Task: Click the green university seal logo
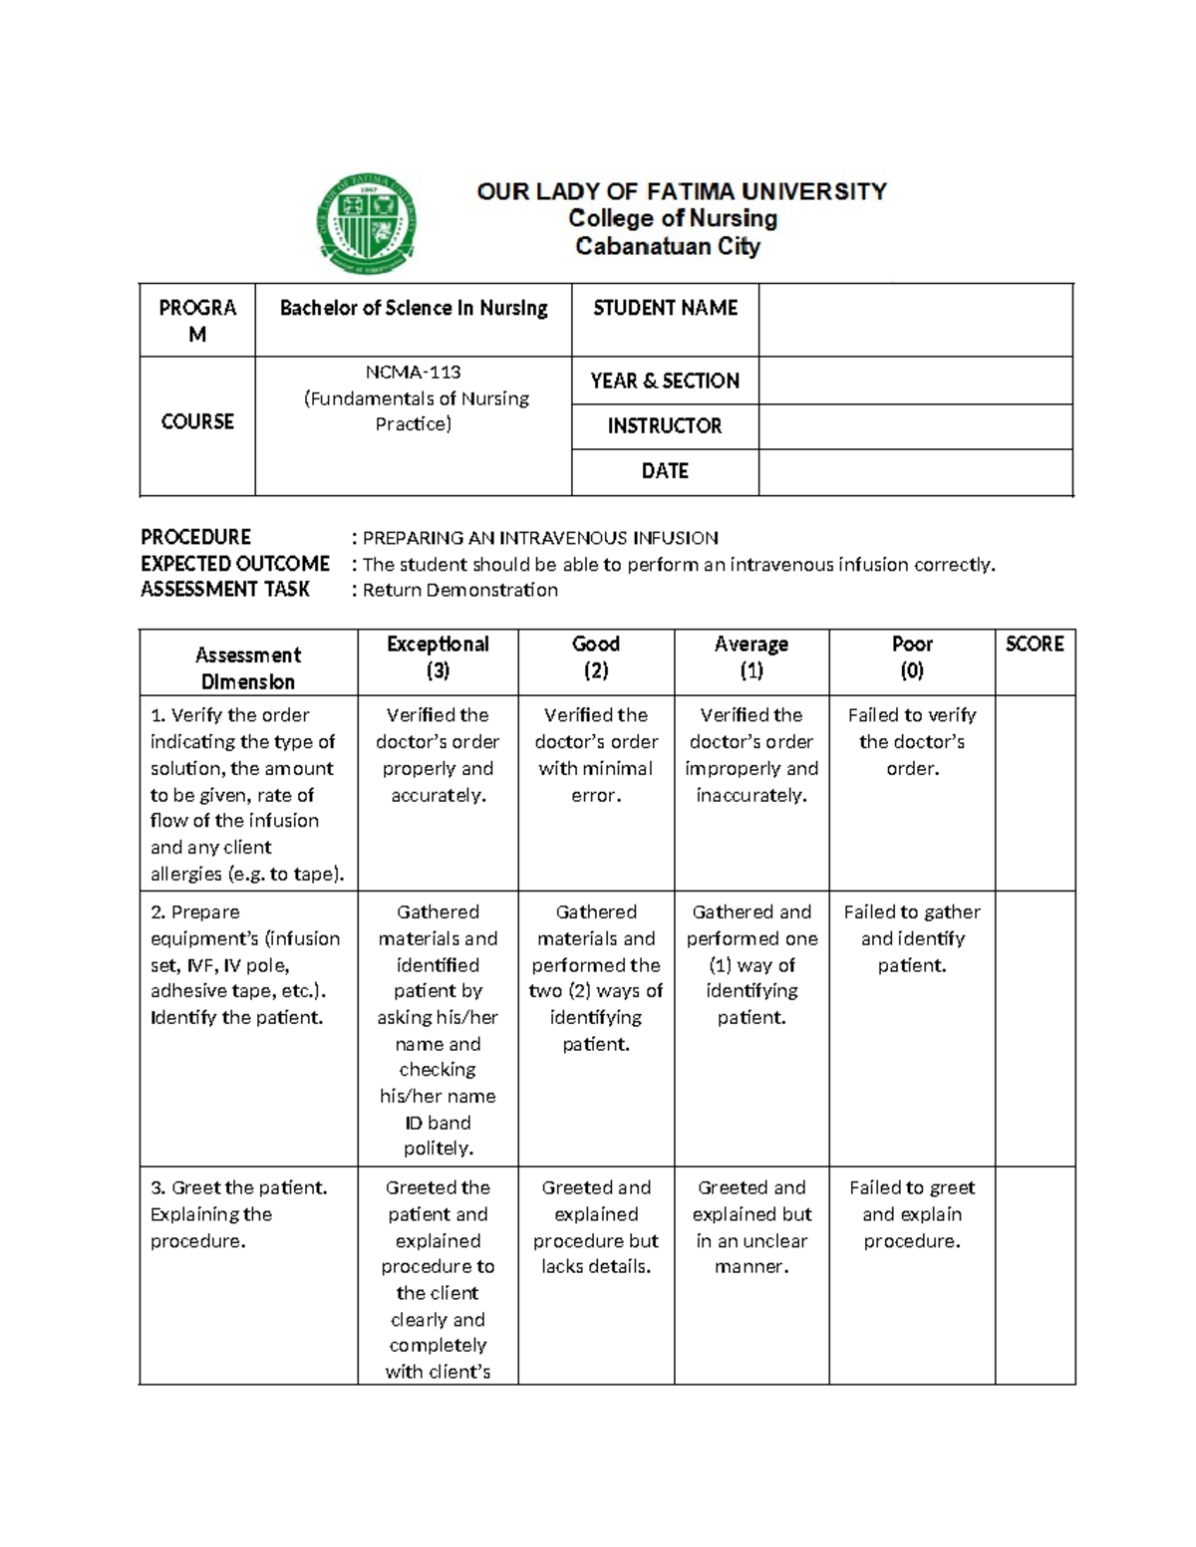(366, 225)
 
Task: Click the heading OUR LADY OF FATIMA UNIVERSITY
(682, 191)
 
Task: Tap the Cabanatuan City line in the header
(667, 246)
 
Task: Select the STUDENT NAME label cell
(665, 309)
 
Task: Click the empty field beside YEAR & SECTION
(915, 381)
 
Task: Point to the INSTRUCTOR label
(665, 426)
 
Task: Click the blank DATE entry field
(915, 471)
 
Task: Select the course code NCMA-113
(413, 373)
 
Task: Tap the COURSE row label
(197, 422)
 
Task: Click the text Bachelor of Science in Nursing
(414, 309)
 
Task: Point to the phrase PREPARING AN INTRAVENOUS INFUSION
(540, 538)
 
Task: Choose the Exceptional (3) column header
(438, 657)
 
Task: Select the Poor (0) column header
(912, 657)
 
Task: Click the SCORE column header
(1035, 645)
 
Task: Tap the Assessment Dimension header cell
(248, 667)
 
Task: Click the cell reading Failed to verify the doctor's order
(912, 742)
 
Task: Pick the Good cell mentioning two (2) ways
(596, 977)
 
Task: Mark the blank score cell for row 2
(1035, 1027)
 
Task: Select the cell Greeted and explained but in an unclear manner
(751, 1227)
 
